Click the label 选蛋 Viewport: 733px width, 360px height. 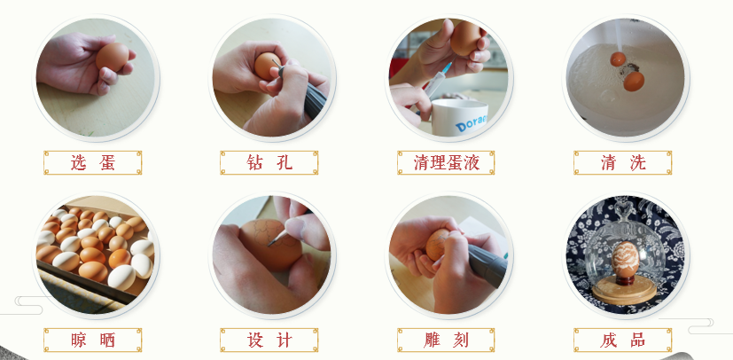tap(92, 162)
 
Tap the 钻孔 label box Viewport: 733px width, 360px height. tap(269, 162)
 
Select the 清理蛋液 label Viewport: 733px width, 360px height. tap(446, 162)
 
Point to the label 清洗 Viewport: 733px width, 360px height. tap(623, 162)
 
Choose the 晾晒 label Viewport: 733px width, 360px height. tap(92, 340)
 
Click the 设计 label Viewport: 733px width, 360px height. tap(269, 340)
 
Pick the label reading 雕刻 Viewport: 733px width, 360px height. tap(446, 340)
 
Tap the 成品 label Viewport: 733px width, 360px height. tap(623, 340)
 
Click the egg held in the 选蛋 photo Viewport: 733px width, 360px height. tap(113, 57)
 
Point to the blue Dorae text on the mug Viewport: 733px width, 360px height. tap(472, 122)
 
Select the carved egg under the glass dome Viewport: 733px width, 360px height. tap(626, 259)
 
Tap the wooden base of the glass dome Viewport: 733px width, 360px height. tap(624, 291)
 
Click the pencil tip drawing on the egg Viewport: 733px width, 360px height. tap(269, 244)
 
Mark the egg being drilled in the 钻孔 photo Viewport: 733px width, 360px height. tap(266, 66)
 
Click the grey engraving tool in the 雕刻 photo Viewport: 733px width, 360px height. tap(487, 263)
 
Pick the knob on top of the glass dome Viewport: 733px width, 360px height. tap(626, 208)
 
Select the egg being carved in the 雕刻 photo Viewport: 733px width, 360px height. tap(437, 245)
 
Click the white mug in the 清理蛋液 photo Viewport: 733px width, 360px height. tap(458, 117)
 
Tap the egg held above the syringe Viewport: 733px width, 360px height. tap(465, 38)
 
